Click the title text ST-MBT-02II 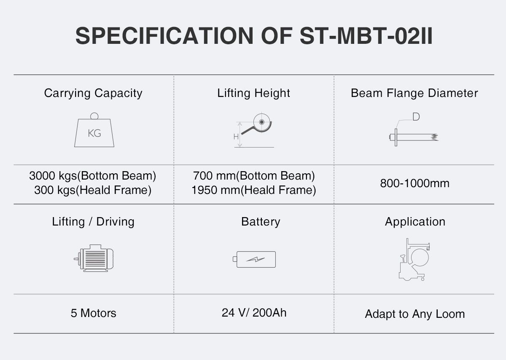point(366,36)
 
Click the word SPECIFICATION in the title point(164,36)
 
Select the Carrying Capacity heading point(93,93)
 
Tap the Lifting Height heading point(253,93)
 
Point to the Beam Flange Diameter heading point(414,93)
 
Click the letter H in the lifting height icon point(236,137)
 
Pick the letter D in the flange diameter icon point(416,117)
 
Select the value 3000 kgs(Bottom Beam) point(93,175)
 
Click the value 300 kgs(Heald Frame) point(93,190)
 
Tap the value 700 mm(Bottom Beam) point(254,175)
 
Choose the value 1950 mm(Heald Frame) point(254,190)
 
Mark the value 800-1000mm point(415,183)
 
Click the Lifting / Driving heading point(93,222)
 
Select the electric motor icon point(94,258)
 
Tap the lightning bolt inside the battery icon point(256,260)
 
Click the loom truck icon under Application point(414,260)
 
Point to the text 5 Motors point(93,313)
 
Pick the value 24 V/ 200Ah point(254,313)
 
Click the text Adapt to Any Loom point(415,314)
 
